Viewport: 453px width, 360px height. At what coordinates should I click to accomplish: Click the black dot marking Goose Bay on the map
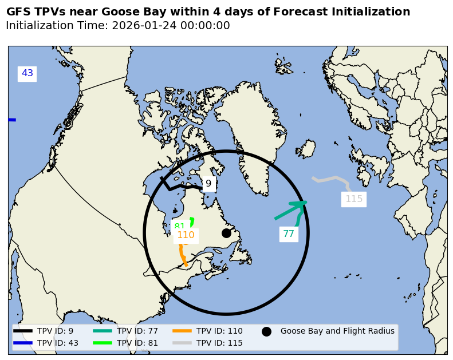coord(226,233)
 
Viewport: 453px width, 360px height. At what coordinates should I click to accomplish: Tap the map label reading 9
coord(208,184)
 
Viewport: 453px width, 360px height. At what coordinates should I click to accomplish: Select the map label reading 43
coord(27,73)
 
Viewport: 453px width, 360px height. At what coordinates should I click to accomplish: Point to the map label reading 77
coord(289,234)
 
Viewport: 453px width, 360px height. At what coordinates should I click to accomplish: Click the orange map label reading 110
coord(186,235)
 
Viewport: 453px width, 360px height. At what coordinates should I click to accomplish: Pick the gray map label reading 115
coord(354,199)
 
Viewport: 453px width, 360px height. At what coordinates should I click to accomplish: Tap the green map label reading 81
coord(179,226)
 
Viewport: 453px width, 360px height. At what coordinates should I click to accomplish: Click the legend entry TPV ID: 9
coord(55,331)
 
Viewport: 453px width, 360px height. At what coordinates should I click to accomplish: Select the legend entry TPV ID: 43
coord(57,343)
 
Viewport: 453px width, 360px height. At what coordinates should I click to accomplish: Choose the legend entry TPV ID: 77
coord(137,331)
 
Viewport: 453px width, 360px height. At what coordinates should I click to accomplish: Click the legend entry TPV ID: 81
coord(137,343)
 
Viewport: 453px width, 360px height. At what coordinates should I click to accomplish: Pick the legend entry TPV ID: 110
coord(219,331)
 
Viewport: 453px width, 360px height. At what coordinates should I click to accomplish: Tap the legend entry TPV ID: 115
coord(219,343)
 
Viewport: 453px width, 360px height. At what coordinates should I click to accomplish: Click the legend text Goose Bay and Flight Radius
coord(337,331)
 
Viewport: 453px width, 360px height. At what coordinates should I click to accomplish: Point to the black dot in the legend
coord(266,331)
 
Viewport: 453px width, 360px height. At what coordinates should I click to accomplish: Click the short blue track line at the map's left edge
coord(12,120)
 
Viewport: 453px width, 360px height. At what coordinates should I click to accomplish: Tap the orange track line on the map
coord(182,255)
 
